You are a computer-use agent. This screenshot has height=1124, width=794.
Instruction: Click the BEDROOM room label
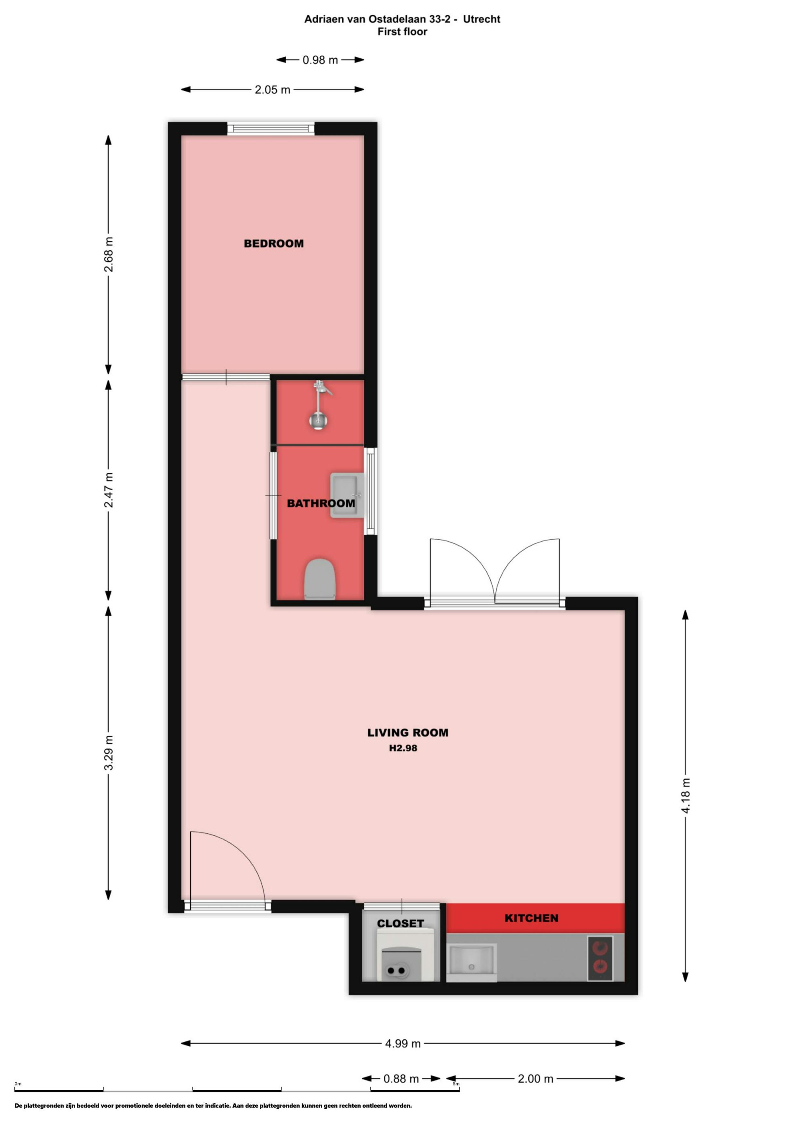pyautogui.click(x=274, y=243)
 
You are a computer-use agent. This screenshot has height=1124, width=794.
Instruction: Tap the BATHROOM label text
pyautogui.click(x=321, y=503)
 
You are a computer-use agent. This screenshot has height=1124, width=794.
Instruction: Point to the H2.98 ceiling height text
pyautogui.click(x=403, y=748)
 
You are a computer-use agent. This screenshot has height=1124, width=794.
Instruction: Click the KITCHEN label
pyautogui.click(x=531, y=918)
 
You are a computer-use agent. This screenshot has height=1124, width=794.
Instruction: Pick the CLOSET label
pyautogui.click(x=400, y=923)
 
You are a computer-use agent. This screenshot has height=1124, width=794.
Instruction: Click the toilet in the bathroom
pyautogui.click(x=320, y=579)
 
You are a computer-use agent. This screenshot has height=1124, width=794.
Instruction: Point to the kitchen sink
pyautogui.click(x=471, y=963)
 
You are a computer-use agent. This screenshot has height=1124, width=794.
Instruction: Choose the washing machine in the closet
pyautogui.click(x=405, y=956)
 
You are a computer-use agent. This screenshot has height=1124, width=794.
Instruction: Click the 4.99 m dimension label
pyautogui.click(x=403, y=1043)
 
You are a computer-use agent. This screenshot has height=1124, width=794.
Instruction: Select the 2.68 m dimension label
pyautogui.click(x=109, y=254)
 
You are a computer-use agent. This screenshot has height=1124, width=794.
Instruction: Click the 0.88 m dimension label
pyautogui.click(x=401, y=1079)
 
